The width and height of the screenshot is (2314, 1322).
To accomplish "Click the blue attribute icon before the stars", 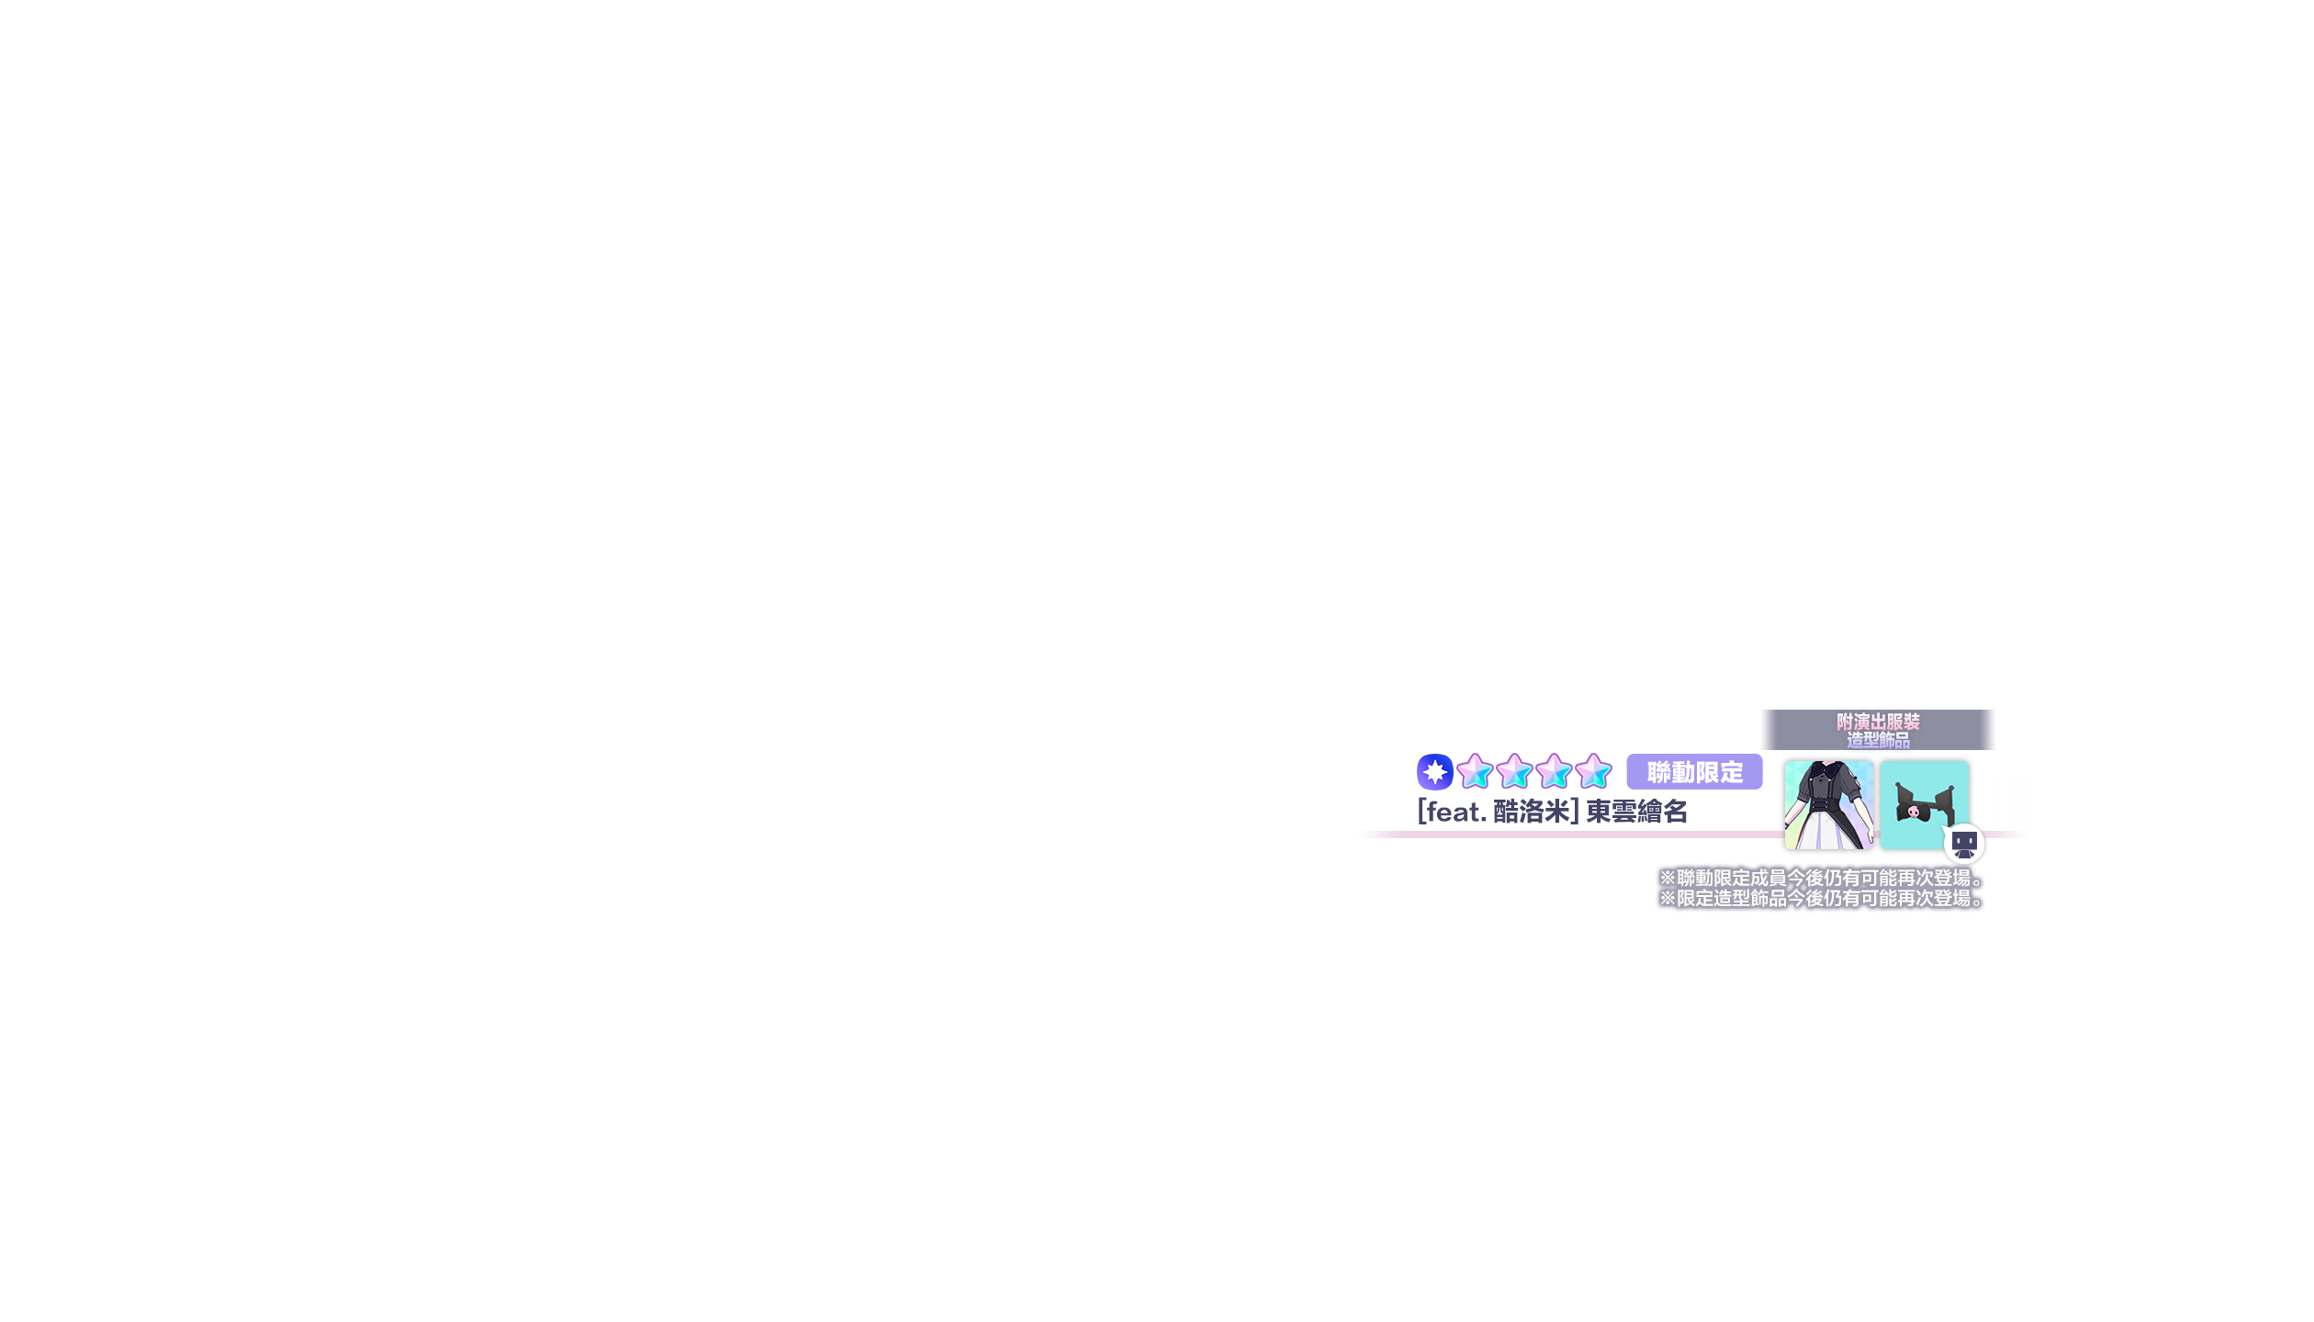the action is tap(1434, 772).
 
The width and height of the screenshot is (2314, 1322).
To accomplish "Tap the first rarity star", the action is tap(1475, 771).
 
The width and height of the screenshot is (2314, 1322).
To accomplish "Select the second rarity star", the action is tap(1514, 771).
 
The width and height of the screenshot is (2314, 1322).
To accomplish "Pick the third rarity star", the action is tap(1554, 771).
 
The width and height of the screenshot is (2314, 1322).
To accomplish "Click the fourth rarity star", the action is tap(1593, 771).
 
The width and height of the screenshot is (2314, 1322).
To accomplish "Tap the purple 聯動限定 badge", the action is tap(1694, 772).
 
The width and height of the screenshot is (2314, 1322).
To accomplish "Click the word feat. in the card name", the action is tap(1455, 812).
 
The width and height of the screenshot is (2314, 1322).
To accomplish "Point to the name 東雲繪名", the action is tap(1637, 812).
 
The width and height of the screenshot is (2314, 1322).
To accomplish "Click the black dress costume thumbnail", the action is tap(1828, 805).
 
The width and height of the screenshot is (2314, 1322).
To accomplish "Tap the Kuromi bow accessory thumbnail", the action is tap(1924, 805).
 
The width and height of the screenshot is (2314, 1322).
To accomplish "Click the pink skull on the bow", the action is tap(1914, 812).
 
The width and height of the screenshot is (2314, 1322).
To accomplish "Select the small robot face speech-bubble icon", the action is tap(1964, 844).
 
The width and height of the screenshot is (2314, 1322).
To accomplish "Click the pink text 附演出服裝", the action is tap(1878, 722).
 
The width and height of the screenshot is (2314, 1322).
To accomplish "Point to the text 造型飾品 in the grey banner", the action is tap(1878, 740).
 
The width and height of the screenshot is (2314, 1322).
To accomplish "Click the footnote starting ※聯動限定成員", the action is tap(1822, 878).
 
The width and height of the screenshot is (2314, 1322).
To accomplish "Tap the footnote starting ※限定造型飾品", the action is tap(1822, 898).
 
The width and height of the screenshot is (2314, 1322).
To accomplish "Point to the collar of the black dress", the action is tap(1827, 769).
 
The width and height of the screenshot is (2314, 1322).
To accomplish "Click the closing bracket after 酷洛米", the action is tap(1575, 812).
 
